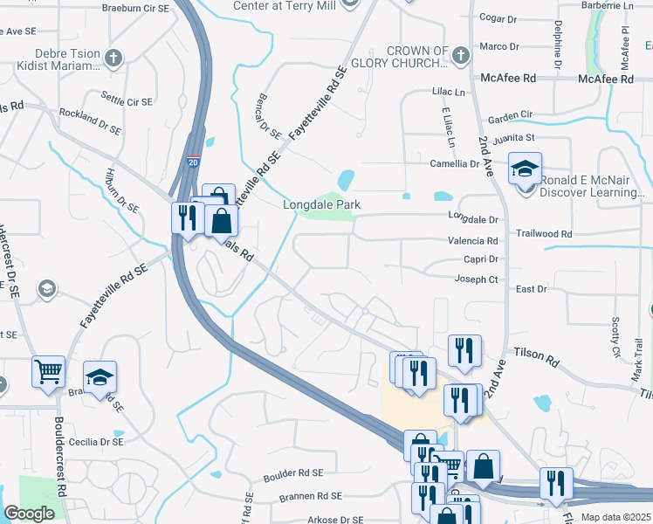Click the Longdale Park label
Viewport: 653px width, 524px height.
pyautogui.click(x=321, y=205)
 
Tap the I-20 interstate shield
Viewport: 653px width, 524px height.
pyautogui.click(x=193, y=162)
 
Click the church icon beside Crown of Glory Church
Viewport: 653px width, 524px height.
pyautogui.click(x=462, y=56)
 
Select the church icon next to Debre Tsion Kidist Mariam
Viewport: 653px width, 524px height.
pyautogui.click(x=113, y=59)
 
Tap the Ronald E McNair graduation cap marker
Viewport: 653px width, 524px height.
pyautogui.click(x=526, y=169)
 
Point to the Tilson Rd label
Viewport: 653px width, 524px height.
pyautogui.click(x=541, y=356)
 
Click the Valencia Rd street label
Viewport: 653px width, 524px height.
pyautogui.click(x=472, y=241)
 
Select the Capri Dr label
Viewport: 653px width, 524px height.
pyautogui.click(x=481, y=259)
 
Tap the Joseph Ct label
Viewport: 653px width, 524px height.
pyautogui.click(x=476, y=279)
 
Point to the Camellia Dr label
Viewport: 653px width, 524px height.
pyautogui.click(x=455, y=163)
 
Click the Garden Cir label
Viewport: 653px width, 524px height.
pyautogui.click(x=510, y=115)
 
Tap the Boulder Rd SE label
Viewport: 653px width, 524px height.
pyautogui.click(x=293, y=473)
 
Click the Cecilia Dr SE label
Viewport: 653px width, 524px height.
pyautogui.click(x=93, y=442)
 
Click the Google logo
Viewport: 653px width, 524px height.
pyautogui.click(x=29, y=514)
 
